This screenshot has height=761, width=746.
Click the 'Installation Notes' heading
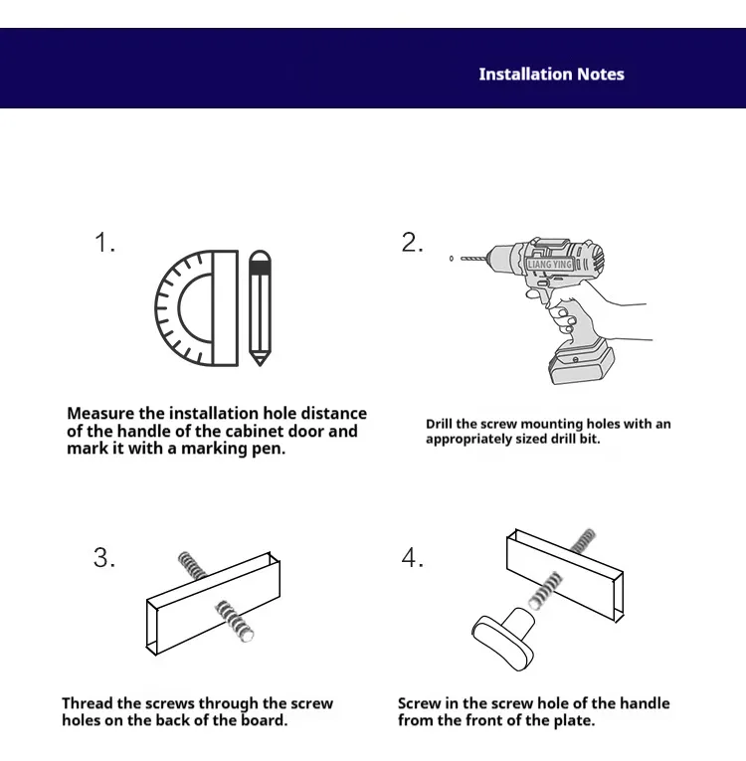[551, 75]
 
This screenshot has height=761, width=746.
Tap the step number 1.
[104, 243]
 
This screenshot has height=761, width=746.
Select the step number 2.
[412, 243]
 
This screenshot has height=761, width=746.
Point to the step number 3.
[104, 558]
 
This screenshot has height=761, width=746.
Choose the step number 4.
[412, 558]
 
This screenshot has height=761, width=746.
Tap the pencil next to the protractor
[260, 306]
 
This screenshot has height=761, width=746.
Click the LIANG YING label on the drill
[550, 265]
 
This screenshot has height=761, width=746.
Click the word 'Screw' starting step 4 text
[419, 703]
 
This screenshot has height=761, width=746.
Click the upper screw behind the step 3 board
[192, 564]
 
